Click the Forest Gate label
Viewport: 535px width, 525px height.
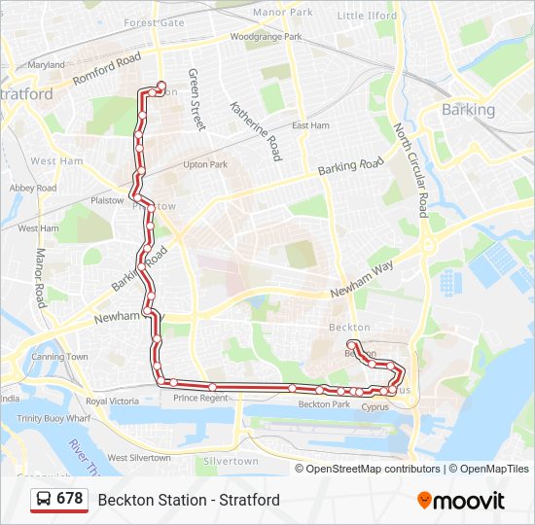pyautogui.click(x=154, y=22)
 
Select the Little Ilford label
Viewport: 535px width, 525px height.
pyautogui.click(x=368, y=16)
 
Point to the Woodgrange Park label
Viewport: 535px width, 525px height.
pyautogui.click(x=266, y=37)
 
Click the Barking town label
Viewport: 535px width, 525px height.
pyautogui.click(x=468, y=110)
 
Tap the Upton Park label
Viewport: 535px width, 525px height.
pyautogui.click(x=205, y=164)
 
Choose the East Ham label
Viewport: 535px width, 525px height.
pyautogui.click(x=311, y=125)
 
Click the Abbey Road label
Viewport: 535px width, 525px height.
pyautogui.click(x=32, y=188)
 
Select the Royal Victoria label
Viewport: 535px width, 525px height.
pyautogui.click(x=112, y=401)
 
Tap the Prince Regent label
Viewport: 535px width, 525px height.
pyautogui.click(x=198, y=398)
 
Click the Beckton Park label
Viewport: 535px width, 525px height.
pyautogui.click(x=324, y=403)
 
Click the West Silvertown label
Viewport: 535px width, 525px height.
pyautogui.click(x=139, y=457)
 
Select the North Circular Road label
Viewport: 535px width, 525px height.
pyautogui.click(x=410, y=170)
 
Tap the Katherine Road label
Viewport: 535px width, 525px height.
pyautogui.click(x=255, y=130)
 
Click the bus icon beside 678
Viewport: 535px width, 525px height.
pyautogui.click(x=44, y=499)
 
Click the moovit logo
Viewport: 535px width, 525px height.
pyautogui.click(x=461, y=501)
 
